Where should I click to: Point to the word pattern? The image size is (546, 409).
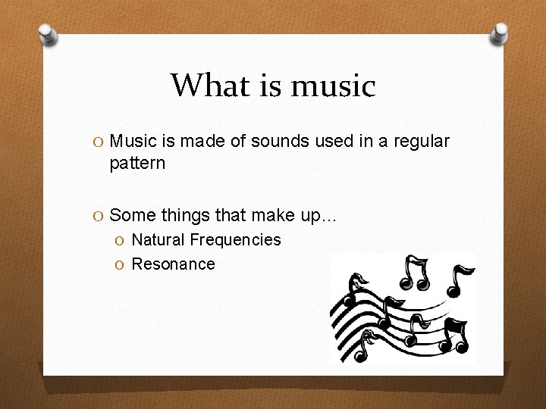pyautogui.click(x=137, y=164)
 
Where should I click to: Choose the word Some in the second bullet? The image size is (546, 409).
pyautogui.click(x=130, y=216)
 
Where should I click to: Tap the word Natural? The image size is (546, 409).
pyautogui.click(x=158, y=240)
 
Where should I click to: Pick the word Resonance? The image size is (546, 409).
pyautogui.click(x=173, y=264)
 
